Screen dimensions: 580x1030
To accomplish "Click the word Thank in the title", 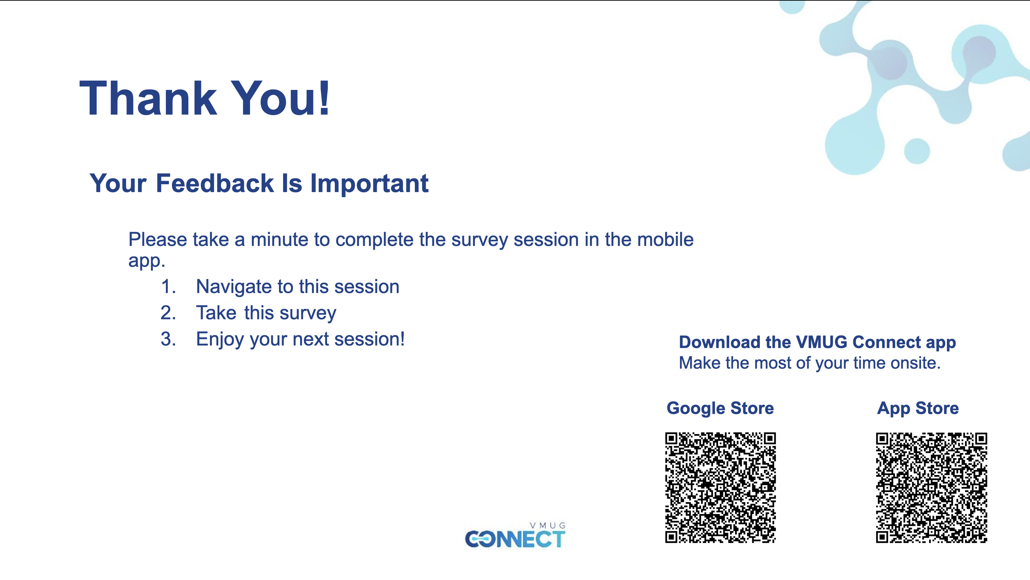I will (148, 98).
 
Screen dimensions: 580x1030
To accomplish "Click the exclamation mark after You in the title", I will (324, 98).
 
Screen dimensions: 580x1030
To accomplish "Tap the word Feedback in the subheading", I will (215, 184).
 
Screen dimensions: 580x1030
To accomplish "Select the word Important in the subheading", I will (369, 184).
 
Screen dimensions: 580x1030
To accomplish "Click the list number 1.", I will (168, 287).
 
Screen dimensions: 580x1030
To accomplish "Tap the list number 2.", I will (168, 313).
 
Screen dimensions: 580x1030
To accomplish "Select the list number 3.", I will (168, 339).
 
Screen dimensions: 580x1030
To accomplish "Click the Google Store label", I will (720, 408).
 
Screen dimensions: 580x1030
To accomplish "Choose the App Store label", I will (918, 408).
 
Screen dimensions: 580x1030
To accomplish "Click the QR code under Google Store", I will (720, 487).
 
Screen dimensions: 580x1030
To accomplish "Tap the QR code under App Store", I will (931, 487).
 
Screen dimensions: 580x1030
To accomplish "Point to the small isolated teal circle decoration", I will (917, 151).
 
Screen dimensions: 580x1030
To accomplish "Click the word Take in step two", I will (216, 313).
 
